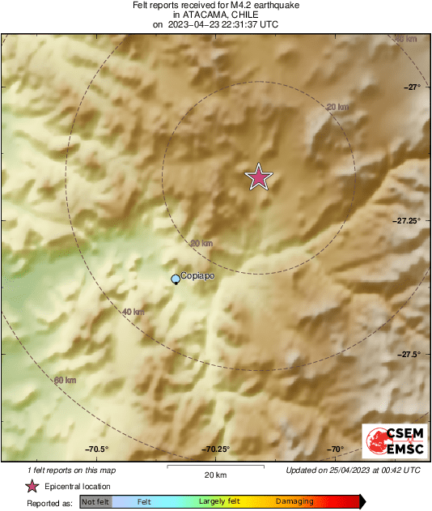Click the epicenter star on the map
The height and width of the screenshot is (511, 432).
[x=258, y=177]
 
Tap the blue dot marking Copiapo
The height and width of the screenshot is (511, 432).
[x=176, y=279]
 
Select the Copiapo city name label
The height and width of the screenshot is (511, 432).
[x=198, y=275]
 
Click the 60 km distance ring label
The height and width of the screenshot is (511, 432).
[x=65, y=380]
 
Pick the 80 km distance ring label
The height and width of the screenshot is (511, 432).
[x=404, y=39]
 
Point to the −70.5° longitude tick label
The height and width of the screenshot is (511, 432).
[x=96, y=449]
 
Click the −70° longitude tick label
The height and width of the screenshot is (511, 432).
[x=335, y=449]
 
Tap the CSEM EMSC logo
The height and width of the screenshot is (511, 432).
[x=392, y=441]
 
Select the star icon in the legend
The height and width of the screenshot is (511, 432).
[x=32, y=487]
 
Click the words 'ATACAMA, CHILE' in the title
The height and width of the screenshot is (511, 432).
[x=215, y=15]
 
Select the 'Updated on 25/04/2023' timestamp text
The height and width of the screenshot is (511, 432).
[x=353, y=470]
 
